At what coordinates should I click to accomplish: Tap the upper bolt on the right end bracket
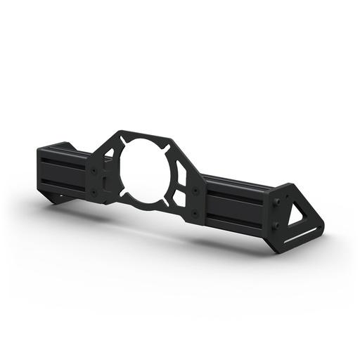[x=276, y=203]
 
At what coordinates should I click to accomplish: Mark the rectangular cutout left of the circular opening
[x=106, y=181]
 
